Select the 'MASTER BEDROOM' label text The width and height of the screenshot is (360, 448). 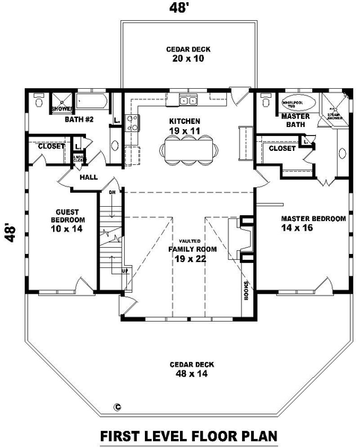coord(313,219)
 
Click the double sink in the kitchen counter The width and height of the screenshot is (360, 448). coord(187,99)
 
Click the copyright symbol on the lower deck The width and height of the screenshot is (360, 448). coord(118,407)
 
